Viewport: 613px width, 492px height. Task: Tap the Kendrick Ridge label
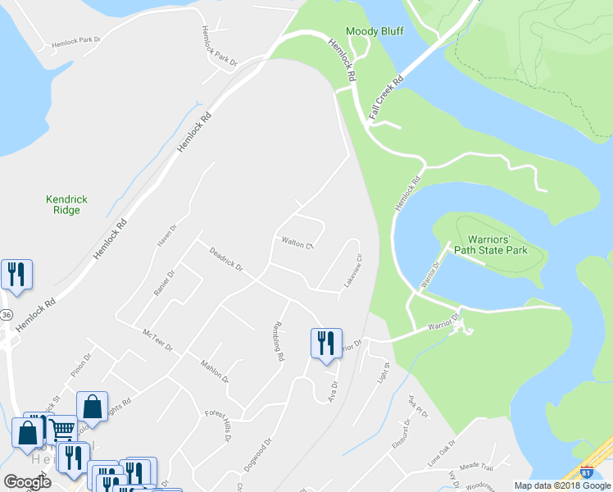(x=66, y=205)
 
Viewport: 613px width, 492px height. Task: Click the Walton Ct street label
(x=298, y=243)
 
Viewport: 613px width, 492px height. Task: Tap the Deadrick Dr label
(x=226, y=260)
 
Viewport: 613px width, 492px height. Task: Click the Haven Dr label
(x=167, y=235)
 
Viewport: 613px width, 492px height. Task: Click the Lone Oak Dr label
(x=445, y=456)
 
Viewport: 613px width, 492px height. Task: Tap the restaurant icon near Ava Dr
(x=325, y=343)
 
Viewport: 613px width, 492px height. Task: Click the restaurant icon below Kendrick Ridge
(x=16, y=275)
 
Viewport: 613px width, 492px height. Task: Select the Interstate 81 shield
(x=585, y=472)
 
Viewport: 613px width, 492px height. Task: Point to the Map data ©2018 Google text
(x=561, y=485)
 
